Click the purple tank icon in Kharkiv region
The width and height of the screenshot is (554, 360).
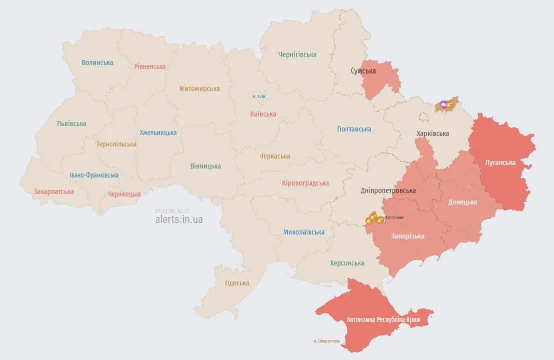coord(443,104)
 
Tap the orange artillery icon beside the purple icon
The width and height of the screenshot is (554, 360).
coord(450,105)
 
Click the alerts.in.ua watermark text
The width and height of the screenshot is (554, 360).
coord(179,219)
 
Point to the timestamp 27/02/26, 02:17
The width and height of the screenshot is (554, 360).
coord(172,211)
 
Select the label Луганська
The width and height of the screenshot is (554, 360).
coord(501,162)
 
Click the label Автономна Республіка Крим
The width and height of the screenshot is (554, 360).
coord(383,319)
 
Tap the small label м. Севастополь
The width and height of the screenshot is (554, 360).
coord(327,341)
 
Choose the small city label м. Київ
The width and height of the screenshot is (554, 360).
coord(259,96)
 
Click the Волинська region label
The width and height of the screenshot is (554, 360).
coord(97,62)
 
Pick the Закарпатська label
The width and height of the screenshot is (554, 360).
coord(53,191)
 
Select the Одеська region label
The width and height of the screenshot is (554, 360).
coord(237,283)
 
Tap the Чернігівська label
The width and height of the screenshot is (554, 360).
coord(297,54)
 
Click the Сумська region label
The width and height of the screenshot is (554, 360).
coord(363,71)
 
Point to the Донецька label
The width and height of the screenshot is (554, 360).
coord(462,202)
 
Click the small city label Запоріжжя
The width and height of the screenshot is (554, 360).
coord(394,217)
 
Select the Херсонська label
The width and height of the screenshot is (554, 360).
coord(347,263)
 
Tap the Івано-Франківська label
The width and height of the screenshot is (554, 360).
coord(94,175)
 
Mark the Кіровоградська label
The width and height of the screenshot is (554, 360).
coord(305,183)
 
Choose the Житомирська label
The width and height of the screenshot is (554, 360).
coord(199,88)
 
